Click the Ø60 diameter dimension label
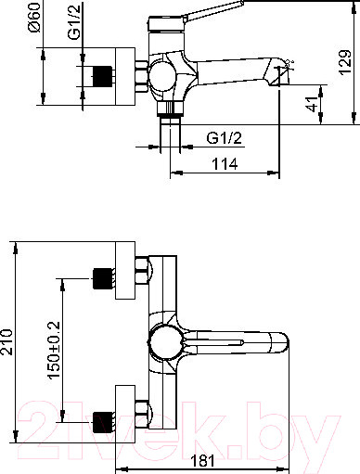pos(34,17)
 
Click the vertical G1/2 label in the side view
pos(74,21)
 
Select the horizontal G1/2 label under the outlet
pos(225,138)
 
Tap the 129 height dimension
pos(345,62)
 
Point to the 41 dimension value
pos(312,104)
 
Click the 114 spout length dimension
pos(225,164)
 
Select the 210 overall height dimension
pos(6,341)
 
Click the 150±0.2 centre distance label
pos(54,350)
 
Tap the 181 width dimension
pos(201,461)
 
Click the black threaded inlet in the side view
pos(102,76)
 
